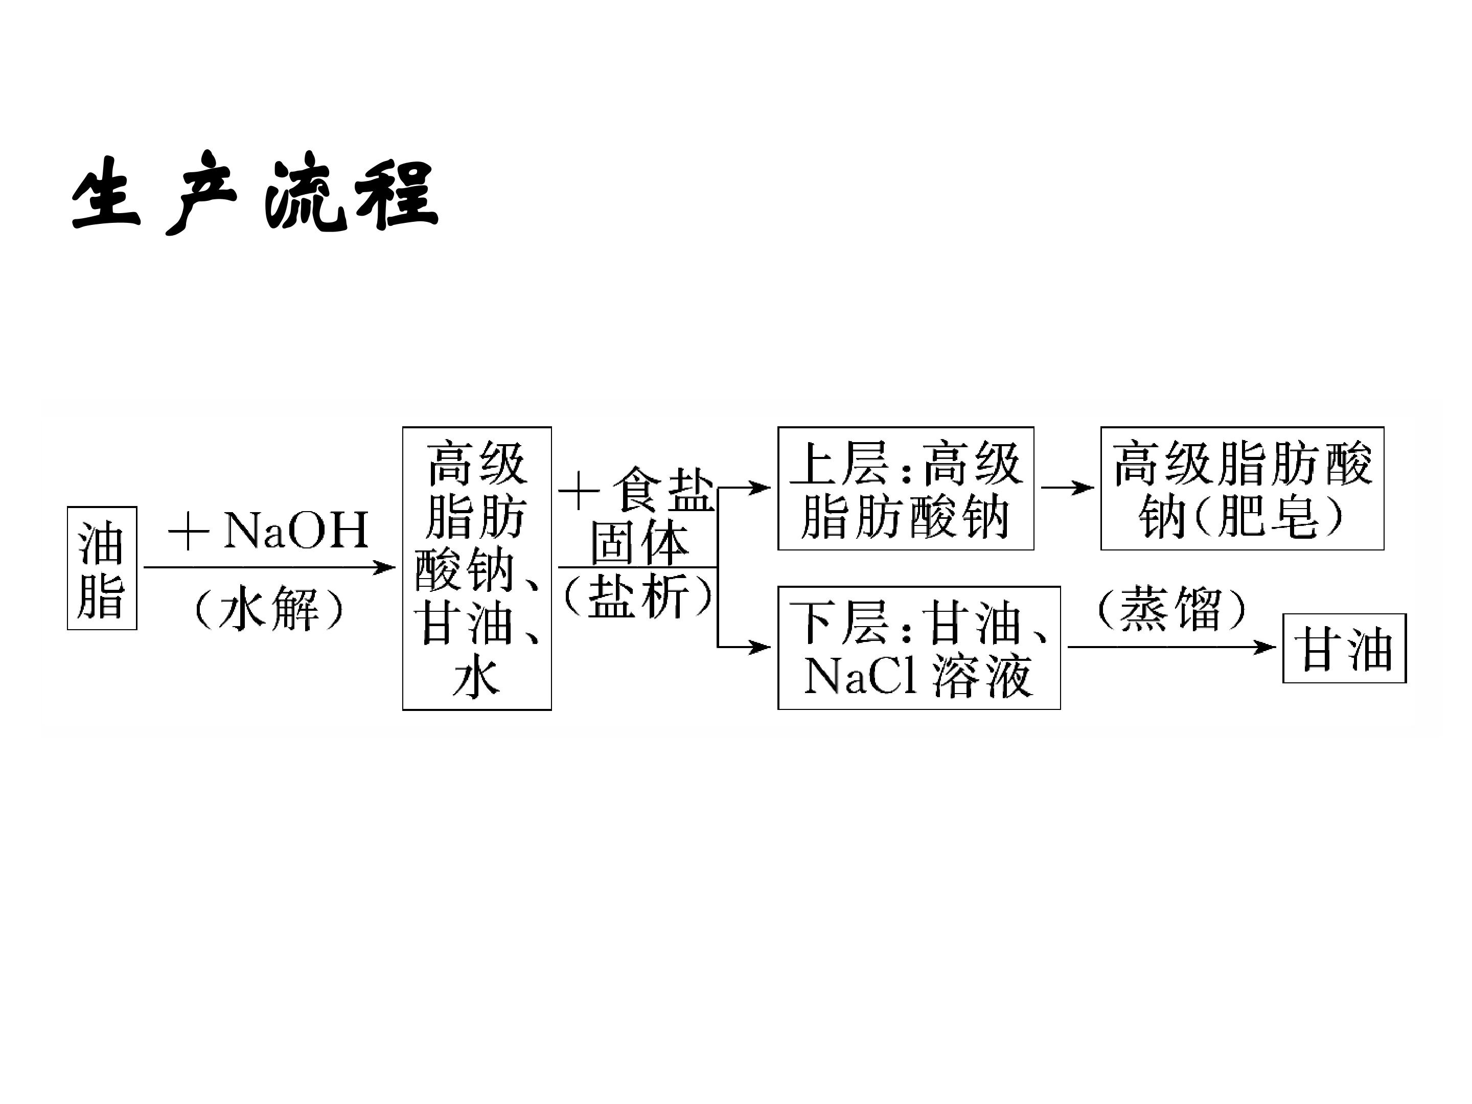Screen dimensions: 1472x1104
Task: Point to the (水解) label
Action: coord(269,608)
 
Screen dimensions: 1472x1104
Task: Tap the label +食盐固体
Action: coord(637,516)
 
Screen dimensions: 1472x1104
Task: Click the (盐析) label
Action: coord(637,595)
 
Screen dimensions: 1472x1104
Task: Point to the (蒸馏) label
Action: coord(1171,608)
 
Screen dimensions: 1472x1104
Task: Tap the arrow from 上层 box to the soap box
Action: coord(1067,488)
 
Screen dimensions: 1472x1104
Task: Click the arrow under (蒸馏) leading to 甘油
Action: coord(1172,647)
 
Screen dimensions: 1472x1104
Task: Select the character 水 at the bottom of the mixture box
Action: coord(476,678)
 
